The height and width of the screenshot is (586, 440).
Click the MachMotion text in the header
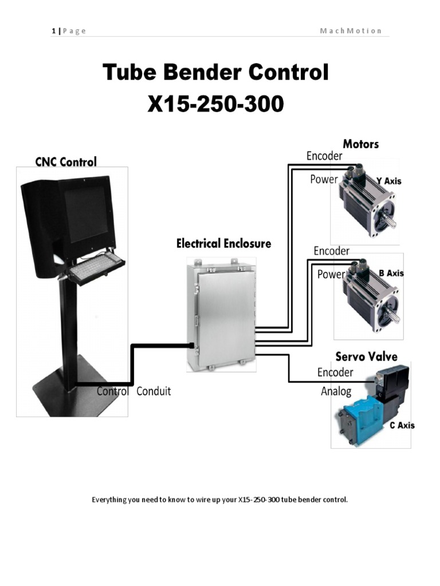(351, 31)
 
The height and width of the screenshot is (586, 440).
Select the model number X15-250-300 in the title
(215, 105)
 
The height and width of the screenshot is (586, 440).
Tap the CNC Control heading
(66, 162)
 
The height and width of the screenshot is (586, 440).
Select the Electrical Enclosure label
(223, 244)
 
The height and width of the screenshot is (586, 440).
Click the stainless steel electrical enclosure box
(221, 315)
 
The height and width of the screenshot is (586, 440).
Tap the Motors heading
(360, 144)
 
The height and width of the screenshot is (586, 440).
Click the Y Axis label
(388, 181)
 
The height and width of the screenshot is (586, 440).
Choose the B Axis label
(391, 273)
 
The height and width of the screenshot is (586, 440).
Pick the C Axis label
(402, 425)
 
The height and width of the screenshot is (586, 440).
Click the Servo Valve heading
(367, 357)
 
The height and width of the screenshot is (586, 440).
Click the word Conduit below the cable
(154, 392)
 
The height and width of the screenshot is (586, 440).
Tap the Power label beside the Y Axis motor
(324, 180)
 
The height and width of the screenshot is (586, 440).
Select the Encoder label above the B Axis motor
(331, 251)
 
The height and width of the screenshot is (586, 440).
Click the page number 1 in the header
(53, 31)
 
